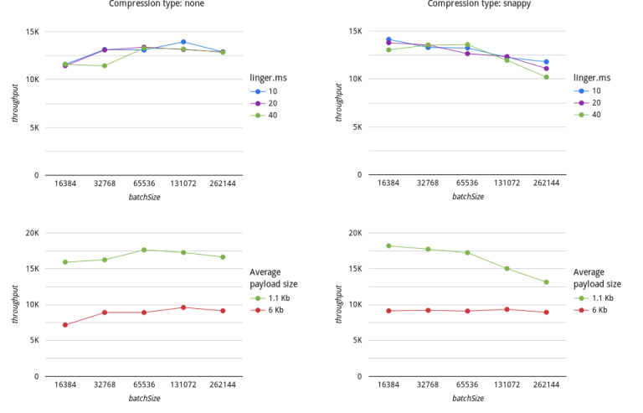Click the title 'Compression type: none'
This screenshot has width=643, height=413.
coord(157,3)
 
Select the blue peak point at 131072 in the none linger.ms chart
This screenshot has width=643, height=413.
coord(183,42)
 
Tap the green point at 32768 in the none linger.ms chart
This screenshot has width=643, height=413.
coord(105,65)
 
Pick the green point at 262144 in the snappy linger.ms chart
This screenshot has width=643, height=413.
coord(546,77)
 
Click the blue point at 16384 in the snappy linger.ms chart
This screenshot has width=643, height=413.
coord(388,39)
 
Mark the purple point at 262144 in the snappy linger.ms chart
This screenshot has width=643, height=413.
coord(546,69)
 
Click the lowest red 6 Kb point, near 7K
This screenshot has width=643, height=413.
coord(65,325)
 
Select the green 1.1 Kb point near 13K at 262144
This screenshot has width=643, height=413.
coord(546,282)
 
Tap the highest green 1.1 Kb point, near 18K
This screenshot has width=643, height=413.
coord(388,245)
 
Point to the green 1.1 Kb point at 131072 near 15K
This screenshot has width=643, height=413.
coord(507,269)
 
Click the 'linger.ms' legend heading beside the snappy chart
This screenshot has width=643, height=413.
coord(592,78)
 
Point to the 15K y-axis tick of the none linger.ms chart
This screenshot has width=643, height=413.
coord(33,32)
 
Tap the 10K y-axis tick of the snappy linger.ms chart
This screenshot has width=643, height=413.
coord(357,80)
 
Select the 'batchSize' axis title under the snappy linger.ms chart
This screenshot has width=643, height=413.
coord(467,197)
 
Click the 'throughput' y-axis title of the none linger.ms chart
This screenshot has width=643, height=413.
coord(14,104)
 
